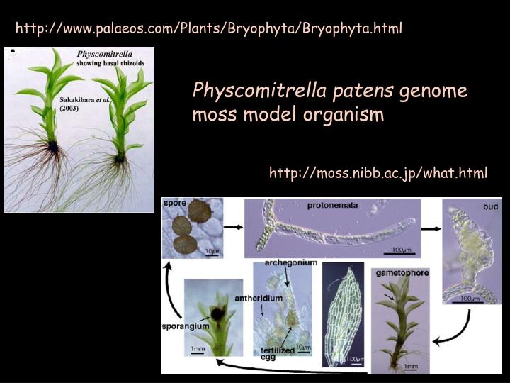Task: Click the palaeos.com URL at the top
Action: (x=209, y=28)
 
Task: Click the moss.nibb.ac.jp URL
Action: (x=378, y=172)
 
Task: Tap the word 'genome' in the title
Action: (x=433, y=91)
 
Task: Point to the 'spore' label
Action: (x=176, y=204)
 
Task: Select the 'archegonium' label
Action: (x=291, y=262)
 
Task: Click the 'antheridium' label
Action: (x=261, y=298)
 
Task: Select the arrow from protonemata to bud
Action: (x=429, y=228)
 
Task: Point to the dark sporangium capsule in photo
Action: (x=212, y=312)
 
